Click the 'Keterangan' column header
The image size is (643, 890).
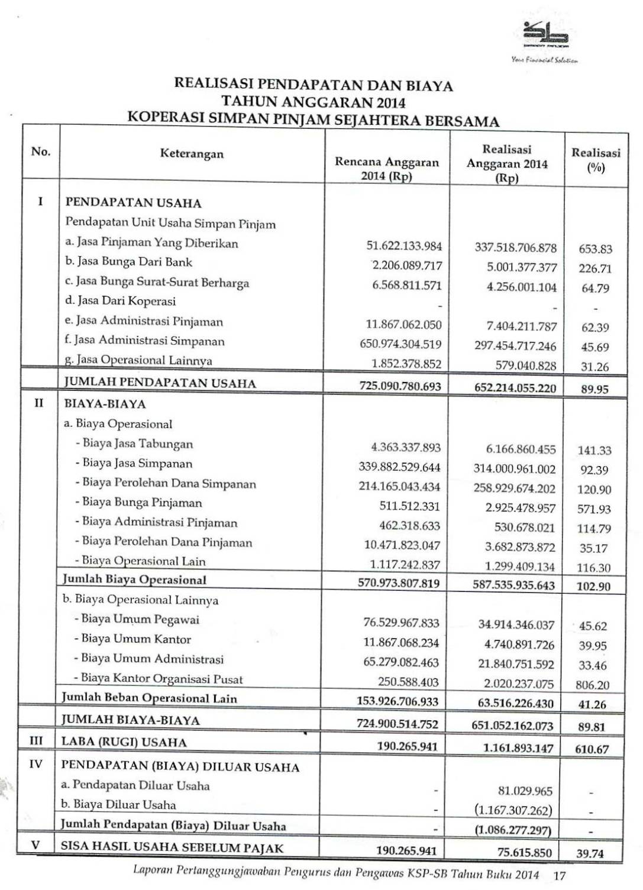click(x=192, y=154)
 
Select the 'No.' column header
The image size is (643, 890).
click(x=41, y=151)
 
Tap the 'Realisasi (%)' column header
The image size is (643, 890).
click(x=596, y=160)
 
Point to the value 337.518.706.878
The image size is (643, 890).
click(x=516, y=247)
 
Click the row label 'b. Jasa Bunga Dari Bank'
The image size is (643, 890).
click(x=129, y=262)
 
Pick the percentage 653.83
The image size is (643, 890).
click(x=595, y=250)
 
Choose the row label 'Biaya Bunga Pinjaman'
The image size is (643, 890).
click(x=142, y=503)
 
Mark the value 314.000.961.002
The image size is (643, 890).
click(x=515, y=469)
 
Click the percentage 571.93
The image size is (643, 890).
click(x=594, y=509)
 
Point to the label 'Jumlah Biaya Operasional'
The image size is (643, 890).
click(x=135, y=580)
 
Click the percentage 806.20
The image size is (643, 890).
click(x=593, y=685)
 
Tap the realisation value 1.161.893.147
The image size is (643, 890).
click(x=518, y=748)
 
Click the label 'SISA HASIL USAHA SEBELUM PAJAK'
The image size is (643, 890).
click(x=173, y=847)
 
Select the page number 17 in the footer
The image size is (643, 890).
click(x=559, y=874)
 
